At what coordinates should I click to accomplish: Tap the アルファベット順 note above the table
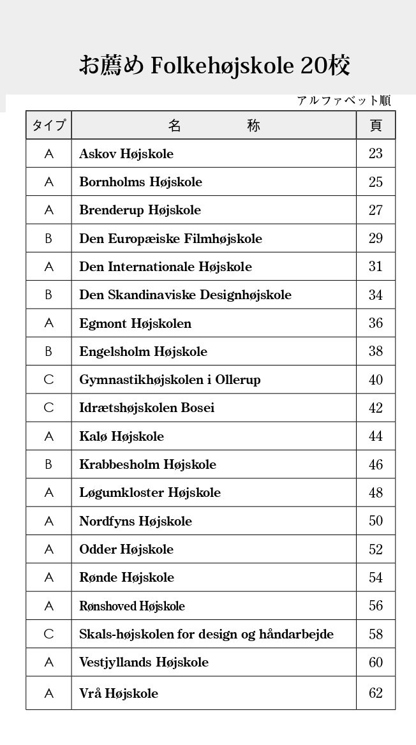pos(343,101)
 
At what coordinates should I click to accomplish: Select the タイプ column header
pos(48,125)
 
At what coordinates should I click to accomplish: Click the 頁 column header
pos(376,125)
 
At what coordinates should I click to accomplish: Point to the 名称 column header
pos(214,125)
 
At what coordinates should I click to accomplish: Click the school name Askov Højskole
pos(126,154)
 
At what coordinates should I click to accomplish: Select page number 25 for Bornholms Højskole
pos(376,182)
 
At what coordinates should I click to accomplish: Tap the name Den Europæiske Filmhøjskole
pos(170,239)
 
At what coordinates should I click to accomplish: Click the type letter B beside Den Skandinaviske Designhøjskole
pos(48,295)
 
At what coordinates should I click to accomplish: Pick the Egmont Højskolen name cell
pos(135,323)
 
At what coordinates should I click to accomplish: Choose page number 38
pos(376,351)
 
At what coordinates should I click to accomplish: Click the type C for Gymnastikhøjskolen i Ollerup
pos(48,380)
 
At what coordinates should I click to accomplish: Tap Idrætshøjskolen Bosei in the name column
pos(147,408)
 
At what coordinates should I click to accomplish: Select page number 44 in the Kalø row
pos(376,436)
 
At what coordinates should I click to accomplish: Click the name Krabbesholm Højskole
pos(147,464)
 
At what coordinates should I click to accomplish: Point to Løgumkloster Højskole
pos(150,492)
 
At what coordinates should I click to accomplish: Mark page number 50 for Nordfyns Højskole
pos(376,521)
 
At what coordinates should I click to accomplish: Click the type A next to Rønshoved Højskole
pos(48,606)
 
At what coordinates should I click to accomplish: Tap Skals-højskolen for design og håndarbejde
pos(206,634)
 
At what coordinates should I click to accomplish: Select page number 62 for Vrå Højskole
pos(376,693)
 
